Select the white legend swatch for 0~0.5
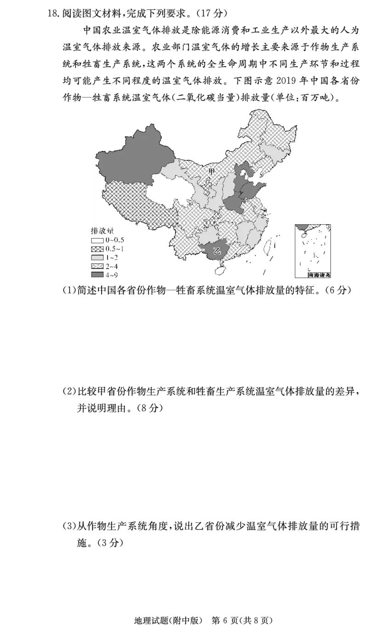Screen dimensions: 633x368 click(97, 240)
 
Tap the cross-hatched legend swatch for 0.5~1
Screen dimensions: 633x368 click(97, 249)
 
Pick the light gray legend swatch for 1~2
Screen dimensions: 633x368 click(97, 258)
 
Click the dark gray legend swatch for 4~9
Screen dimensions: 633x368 click(97, 275)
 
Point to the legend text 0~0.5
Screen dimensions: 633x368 click(115, 240)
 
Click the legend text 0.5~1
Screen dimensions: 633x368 click(115, 249)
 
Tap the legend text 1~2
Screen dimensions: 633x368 click(112, 258)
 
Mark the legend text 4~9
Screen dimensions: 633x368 click(112, 275)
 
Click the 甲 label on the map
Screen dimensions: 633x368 click(212, 171)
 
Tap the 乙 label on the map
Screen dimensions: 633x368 click(218, 251)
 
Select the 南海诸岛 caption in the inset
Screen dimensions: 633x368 click(319, 275)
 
